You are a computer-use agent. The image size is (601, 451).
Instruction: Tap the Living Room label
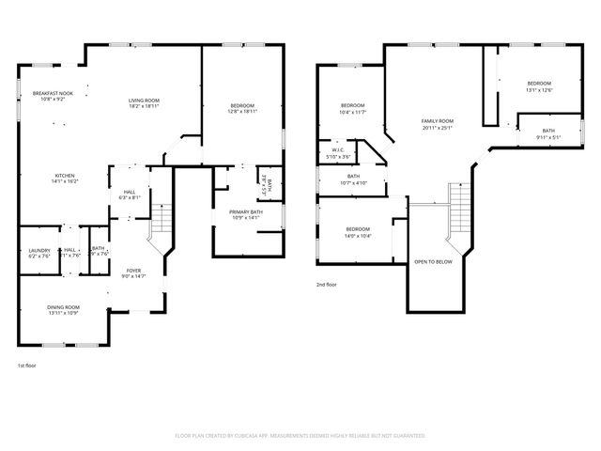point(145,101)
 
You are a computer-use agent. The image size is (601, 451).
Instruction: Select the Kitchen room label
point(65,176)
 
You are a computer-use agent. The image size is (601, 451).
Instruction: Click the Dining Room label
point(64,307)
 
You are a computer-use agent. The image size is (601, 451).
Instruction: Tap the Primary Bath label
point(245,213)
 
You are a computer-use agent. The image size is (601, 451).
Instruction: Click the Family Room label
point(437,121)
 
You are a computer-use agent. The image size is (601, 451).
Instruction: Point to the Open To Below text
point(433,261)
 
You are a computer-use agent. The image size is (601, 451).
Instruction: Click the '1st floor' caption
point(27,365)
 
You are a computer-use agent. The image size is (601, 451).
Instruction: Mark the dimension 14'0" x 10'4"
point(359,236)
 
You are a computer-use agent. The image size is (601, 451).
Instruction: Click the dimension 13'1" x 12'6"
point(539,90)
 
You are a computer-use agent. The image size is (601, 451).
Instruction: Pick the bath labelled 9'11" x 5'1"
point(547,133)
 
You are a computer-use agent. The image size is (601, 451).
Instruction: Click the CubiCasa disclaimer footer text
point(300,436)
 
